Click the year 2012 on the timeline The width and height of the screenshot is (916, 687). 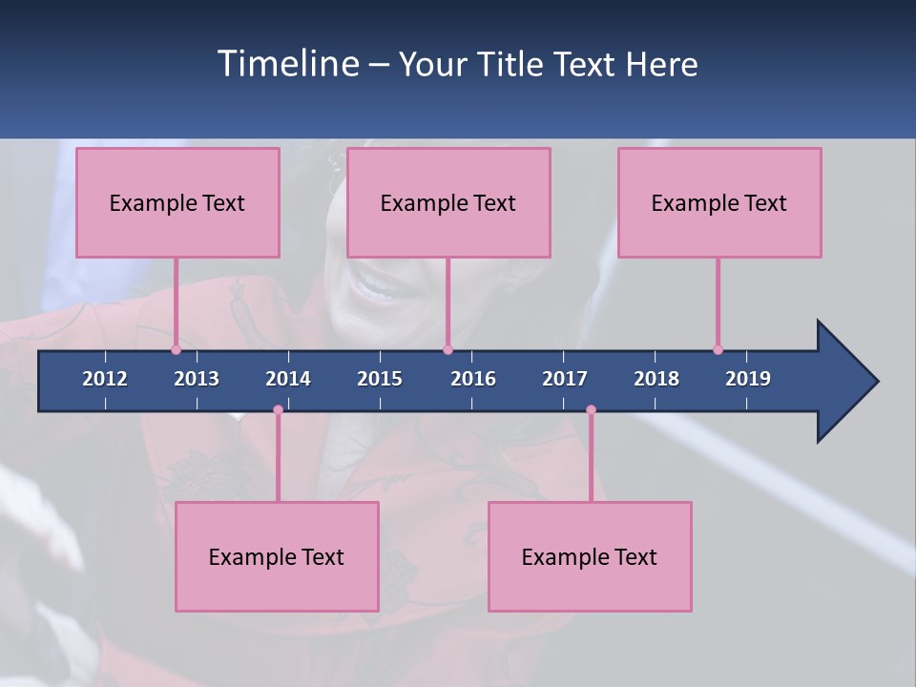pyautogui.click(x=105, y=379)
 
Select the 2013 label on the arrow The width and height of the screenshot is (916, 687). pyautogui.click(x=197, y=379)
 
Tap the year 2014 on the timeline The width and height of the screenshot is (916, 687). pyautogui.click(x=288, y=379)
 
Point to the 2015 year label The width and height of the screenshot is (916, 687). pyautogui.click(x=380, y=379)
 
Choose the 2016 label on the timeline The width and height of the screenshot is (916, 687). pyautogui.click(x=473, y=379)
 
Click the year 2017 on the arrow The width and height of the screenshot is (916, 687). pyautogui.click(x=565, y=379)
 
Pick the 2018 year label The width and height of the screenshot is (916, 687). pyautogui.click(x=656, y=379)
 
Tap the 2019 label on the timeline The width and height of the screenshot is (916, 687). pyautogui.click(x=748, y=379)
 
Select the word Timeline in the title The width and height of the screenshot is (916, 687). pyautogui.click(x=287, y=63)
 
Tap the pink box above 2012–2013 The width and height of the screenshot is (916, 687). pyautogui.click(x=177, y=202)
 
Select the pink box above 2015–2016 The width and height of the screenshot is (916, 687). pyautogui.click(x=448, y=202)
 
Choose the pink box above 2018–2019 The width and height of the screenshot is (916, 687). pyautogui.click(x=719, y=202)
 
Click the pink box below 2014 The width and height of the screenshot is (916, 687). pyautogui.click(x=277, y=556)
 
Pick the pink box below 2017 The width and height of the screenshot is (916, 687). pyautogui.click(x=590, y=556)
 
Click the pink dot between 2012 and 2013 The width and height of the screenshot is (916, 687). pyautogui.click(x=176, y=349)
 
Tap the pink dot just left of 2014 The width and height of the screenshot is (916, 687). pyautogui.click(x=278, y=409)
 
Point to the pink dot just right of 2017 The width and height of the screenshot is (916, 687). pyautogui.click(x=591, y=409)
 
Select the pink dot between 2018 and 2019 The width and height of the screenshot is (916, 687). pyautogui.click(x=718, y=349)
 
